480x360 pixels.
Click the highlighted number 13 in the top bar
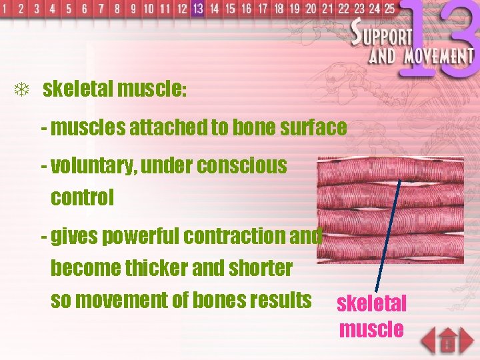(x=197, y=9)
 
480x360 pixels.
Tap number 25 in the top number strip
(x=389, y=9)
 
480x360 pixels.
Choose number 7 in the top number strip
(x=101, y=9)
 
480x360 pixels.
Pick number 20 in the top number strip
(x=311, y=9)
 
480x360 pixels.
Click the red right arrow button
(x=467, y=341)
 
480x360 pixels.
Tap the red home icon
(x=447, y=341)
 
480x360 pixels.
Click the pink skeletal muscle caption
(x=371, y=316)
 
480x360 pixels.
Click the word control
(x=82, y=197)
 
